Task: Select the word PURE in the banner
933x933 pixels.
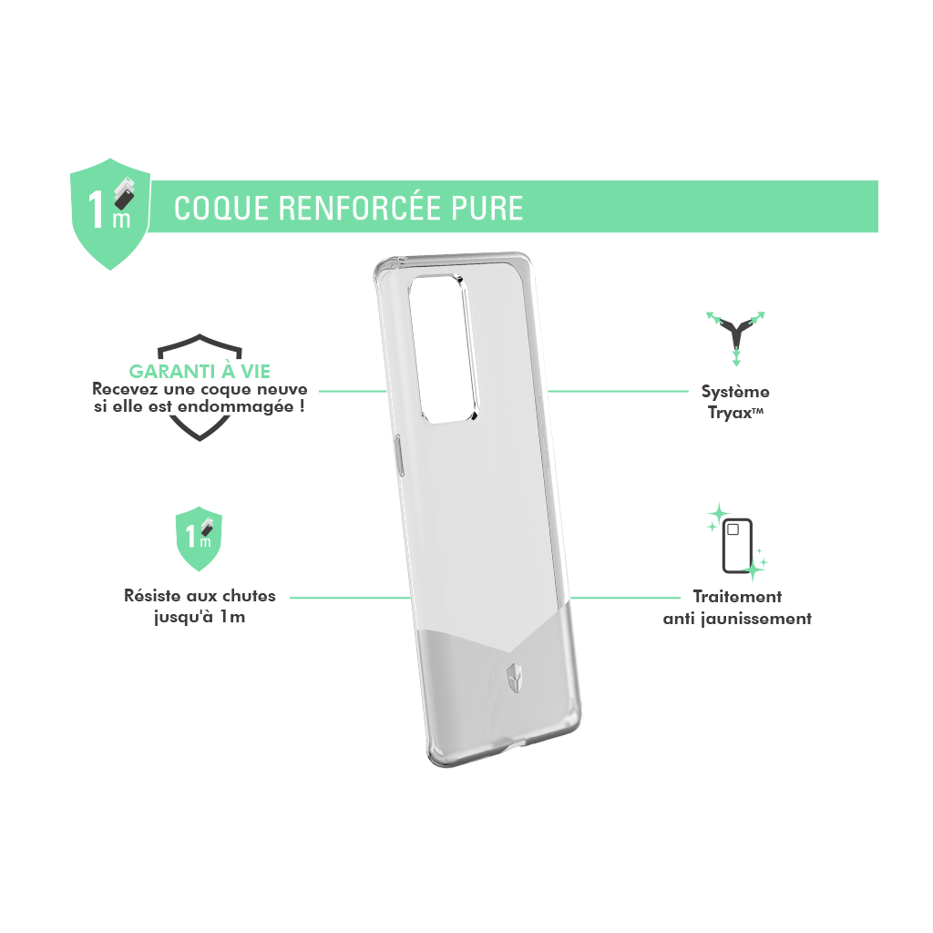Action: [487, 209]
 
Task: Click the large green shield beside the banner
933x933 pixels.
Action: [110, 213]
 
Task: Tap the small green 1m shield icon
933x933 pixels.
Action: [199, 538]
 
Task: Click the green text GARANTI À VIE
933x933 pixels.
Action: [200, 372]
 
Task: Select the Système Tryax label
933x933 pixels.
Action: [735, 402]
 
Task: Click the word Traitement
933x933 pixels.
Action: [737, 597]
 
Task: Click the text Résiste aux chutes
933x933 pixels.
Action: [200, 596]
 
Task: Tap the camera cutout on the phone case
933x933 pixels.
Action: [445, 349]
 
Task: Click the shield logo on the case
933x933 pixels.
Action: [514, 678]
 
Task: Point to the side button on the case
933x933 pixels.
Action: [400, 456]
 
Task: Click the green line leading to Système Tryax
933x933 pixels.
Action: [618, 392]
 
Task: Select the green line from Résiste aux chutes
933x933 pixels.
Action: [351, 598]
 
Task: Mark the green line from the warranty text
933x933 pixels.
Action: [353, 392]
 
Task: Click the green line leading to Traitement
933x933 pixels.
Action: [625, 598]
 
